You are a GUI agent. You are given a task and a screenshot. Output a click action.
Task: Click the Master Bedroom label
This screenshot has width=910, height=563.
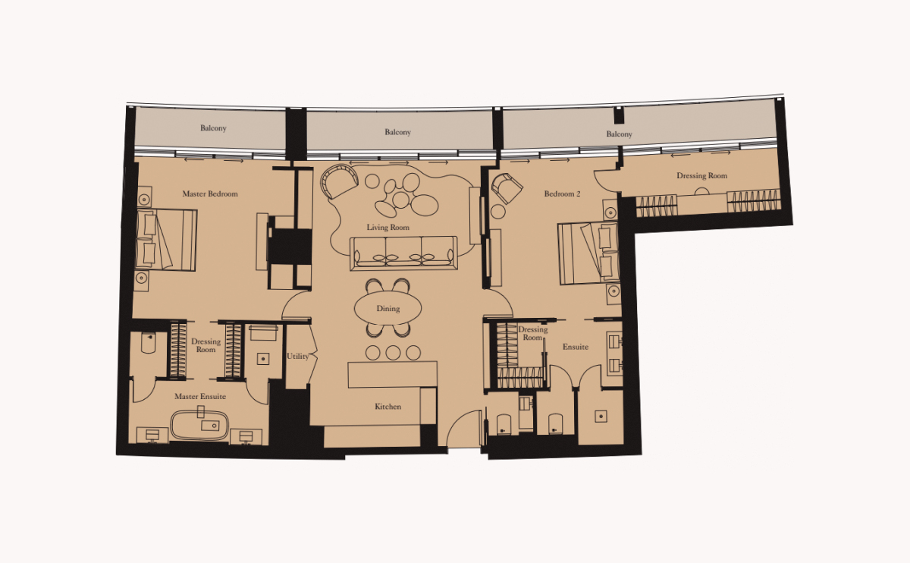210,193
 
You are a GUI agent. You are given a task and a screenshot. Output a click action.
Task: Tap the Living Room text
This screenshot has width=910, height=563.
388,228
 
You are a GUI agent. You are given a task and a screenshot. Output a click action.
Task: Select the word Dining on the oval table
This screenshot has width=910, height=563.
388,309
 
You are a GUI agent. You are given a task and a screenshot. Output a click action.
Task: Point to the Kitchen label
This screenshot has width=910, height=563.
388,407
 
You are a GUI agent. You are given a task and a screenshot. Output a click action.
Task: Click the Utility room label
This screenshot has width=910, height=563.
297,357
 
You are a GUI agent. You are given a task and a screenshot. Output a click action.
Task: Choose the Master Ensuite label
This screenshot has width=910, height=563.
200,397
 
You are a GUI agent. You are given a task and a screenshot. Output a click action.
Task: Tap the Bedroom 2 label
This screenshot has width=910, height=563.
562,194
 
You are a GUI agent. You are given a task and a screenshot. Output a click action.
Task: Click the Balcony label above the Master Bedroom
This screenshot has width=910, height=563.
213,128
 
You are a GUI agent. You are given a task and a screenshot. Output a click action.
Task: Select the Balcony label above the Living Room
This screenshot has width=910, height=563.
397,132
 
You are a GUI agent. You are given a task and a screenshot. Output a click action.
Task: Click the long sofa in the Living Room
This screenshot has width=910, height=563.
403,253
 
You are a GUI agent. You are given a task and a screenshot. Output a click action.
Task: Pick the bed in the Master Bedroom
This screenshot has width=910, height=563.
167,239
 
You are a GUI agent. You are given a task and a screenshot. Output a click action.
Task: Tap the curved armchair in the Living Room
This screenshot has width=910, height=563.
338,182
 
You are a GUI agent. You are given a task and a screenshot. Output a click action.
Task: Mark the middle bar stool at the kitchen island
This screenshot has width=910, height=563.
393,352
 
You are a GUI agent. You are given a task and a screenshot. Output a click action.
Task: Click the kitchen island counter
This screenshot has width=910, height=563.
392,374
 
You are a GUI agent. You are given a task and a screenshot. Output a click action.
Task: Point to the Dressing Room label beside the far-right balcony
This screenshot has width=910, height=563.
701,176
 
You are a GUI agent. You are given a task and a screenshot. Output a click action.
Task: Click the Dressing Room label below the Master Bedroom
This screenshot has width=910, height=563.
206,345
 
